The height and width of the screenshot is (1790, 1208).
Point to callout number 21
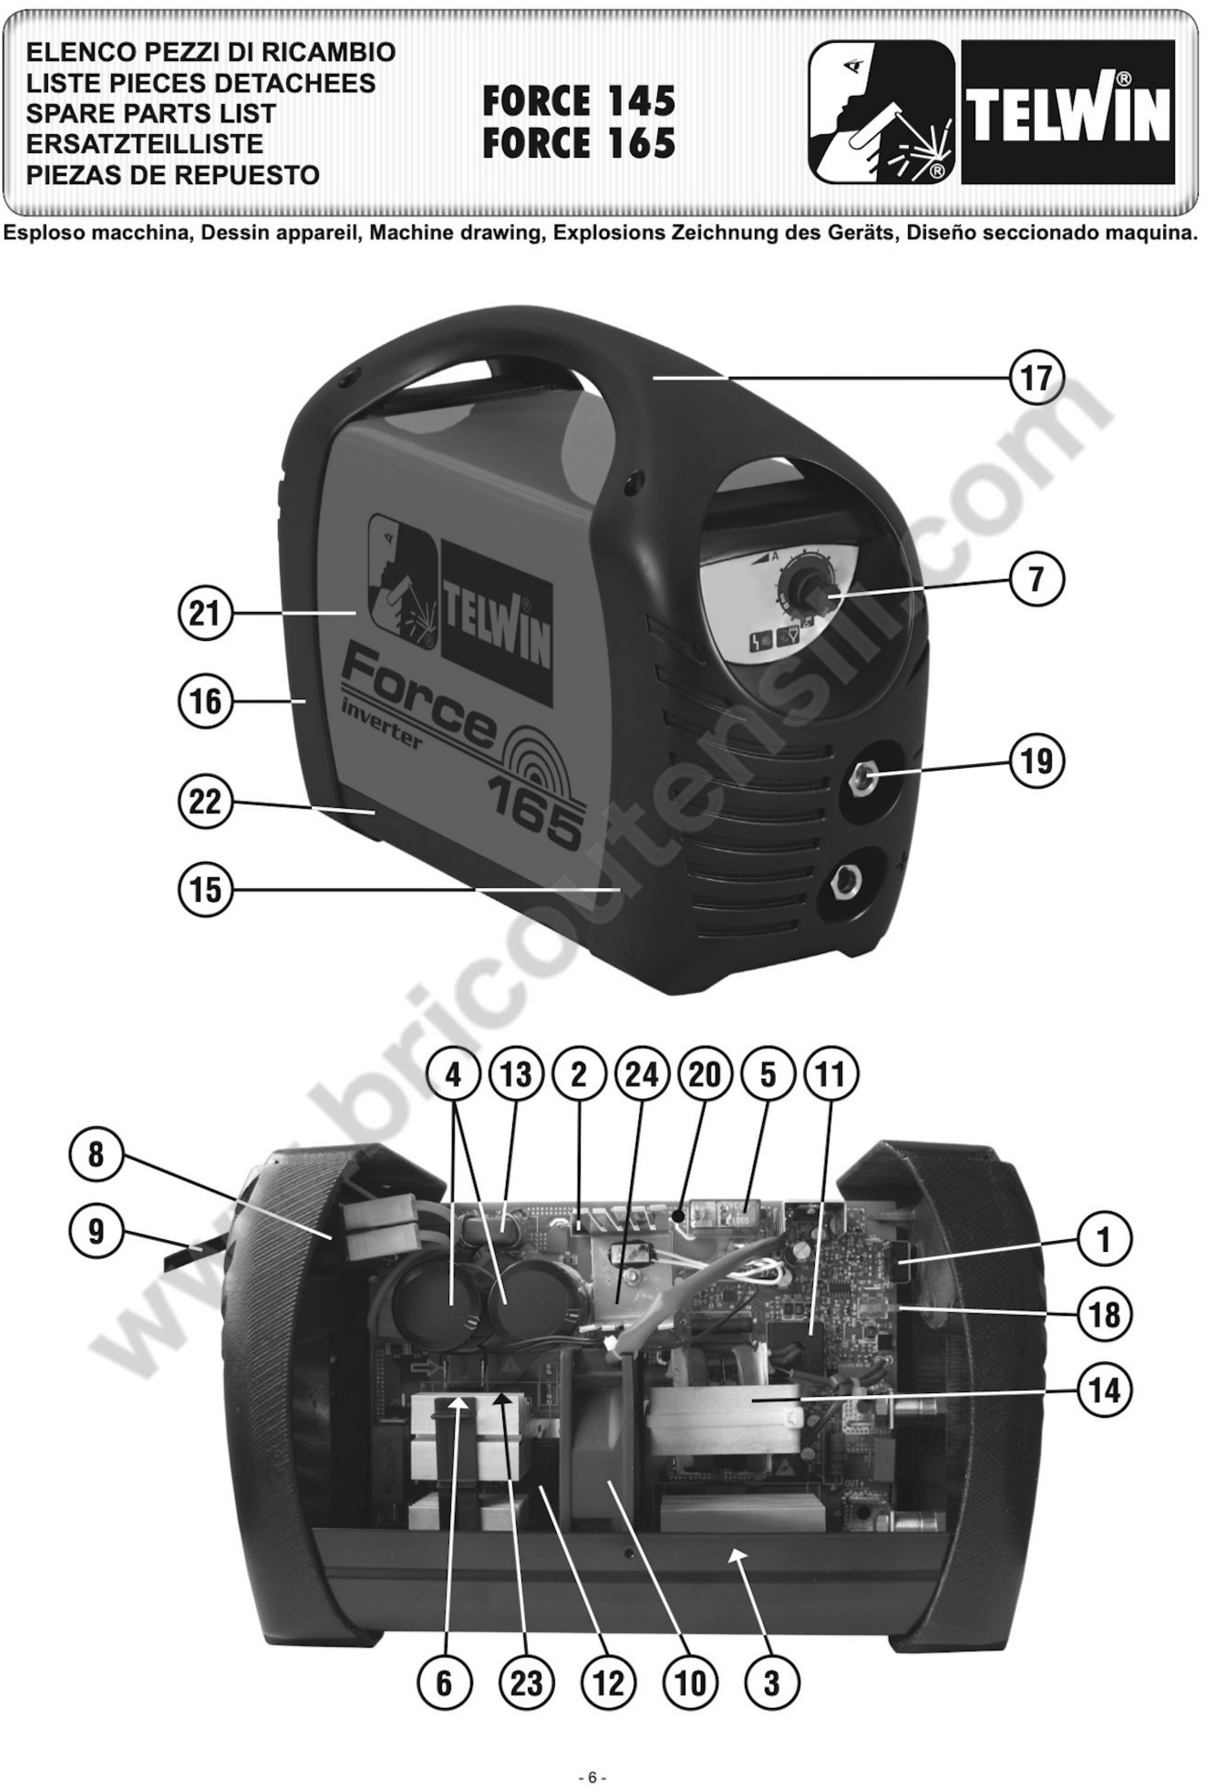(x=205, y=614)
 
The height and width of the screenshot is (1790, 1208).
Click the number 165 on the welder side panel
(x=535, y=817)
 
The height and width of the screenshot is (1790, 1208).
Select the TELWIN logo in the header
(x=1068, y=112)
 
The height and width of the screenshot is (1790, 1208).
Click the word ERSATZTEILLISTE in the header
(x=144, y=144)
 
